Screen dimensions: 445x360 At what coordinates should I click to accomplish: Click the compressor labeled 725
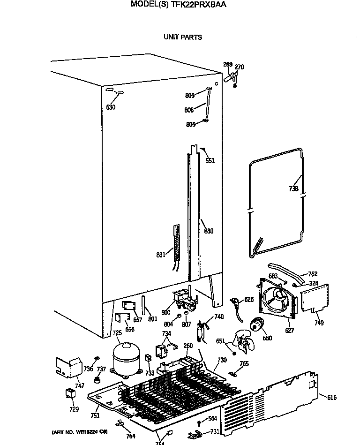[125, 359]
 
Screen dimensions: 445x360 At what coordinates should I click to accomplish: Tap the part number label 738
[293, 189]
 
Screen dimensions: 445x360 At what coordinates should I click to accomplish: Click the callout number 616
[331, 398]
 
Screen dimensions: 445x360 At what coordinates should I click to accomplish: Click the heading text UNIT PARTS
[182, 37]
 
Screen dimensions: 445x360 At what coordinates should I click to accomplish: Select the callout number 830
[208, 231]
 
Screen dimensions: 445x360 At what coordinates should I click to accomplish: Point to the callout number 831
[161, 255]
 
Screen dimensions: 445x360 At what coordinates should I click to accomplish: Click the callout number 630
[111, 107]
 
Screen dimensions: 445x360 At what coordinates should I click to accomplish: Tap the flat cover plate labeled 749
[313, 298]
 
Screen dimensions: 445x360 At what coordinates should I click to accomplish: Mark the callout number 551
[210, 161]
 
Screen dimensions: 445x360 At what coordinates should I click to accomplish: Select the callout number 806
[189, 110]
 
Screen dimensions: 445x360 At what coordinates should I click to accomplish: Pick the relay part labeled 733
[148, 360]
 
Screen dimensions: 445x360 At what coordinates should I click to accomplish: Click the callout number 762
[313, 274]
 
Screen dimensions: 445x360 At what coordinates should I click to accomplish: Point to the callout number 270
[239, 67]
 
